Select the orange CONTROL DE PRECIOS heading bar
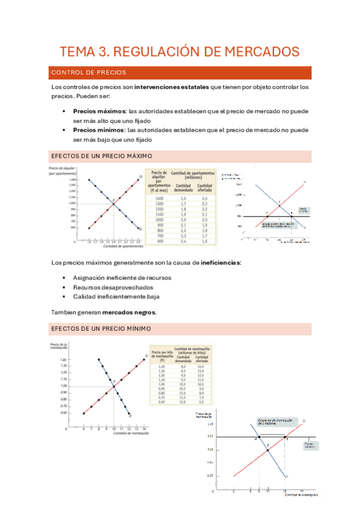point(180,72)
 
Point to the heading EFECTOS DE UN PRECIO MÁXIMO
point(102,156)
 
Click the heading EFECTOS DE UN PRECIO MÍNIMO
point(101,329)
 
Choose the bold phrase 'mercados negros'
point(129,312)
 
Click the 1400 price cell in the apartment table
point(159,198)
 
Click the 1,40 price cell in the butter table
point(161,366)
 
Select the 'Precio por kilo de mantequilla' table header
point(160,354)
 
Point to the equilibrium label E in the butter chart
point(114,381)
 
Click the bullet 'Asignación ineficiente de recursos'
point(121,278)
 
